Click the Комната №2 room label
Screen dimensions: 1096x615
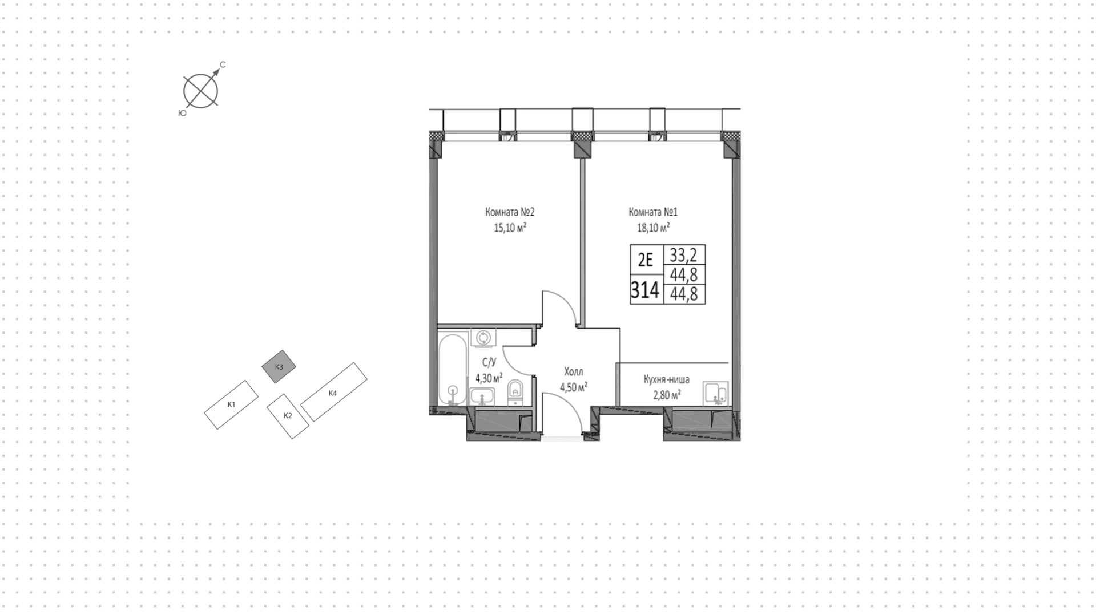510,212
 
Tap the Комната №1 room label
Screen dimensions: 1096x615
653,212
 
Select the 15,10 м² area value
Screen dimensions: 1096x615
510,228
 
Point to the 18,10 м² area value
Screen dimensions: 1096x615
654,228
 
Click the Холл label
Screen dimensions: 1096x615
574,372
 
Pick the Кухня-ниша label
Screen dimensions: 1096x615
666,379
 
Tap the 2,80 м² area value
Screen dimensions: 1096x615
666,395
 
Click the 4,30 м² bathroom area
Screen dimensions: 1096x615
489,378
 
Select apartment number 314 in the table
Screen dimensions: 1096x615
645,291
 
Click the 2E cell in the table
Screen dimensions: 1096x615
646,260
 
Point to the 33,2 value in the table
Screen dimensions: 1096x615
683,254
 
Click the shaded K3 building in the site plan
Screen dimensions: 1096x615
279,367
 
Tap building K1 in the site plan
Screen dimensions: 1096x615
232,404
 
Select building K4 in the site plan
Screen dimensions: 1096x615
333,393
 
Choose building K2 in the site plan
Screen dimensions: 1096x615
288,416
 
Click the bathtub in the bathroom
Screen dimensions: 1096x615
453,370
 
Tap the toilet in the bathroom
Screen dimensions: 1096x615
515,391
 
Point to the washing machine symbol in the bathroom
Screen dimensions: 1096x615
484,337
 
